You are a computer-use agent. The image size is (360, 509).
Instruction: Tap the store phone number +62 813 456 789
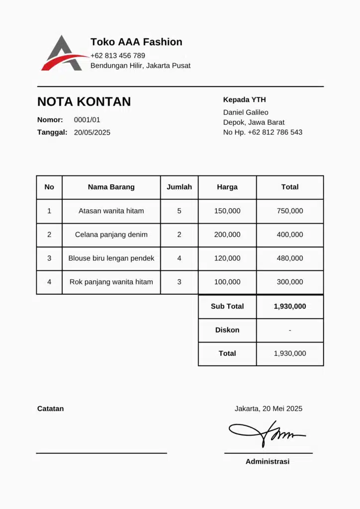pos(118,56)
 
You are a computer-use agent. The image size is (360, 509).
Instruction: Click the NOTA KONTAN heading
pos(84,102)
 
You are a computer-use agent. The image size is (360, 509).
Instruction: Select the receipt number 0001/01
pos(87,120)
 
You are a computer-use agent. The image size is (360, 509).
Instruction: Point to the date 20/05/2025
pos(92,133)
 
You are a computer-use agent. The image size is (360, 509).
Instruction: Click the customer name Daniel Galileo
pos(246,112)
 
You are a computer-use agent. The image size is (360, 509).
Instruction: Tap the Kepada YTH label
pos(245,100)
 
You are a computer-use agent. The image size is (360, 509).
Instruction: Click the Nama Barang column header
pos(111,187)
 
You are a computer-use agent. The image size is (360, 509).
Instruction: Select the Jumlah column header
pos(179,187)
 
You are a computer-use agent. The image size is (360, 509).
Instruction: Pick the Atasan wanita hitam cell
pos(111,211)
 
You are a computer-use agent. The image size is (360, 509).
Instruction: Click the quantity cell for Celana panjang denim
pos(179,235)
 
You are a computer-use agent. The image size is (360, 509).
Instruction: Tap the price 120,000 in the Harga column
pos(227,258)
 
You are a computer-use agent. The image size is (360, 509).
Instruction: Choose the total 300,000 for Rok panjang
pos(290,282)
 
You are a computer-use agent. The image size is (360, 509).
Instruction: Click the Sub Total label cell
pos(227,307)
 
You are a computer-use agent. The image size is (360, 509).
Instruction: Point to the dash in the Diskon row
pos(290,330)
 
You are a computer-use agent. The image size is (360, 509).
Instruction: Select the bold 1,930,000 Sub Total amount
pos(290,307)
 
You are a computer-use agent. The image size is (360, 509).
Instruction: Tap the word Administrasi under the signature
pos(268,462)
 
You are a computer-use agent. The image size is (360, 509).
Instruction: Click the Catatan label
pos(50,409)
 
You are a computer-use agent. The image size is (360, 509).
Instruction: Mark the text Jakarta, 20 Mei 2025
pos(269,409)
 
